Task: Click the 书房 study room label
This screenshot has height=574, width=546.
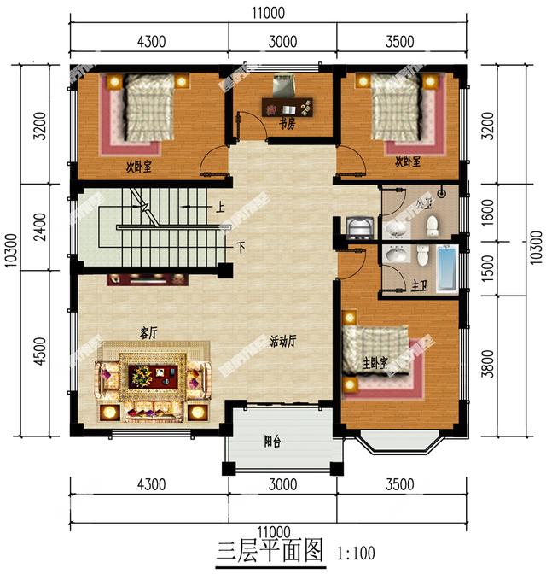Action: (x=288, y=124)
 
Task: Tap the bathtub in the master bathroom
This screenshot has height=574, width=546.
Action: (x=447, y=269)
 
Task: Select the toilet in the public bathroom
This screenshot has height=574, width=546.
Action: (x=432, y=225)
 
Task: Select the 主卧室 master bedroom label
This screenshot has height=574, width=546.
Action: (x=375, y=364)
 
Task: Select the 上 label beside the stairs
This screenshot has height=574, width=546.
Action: (x=220, y=207)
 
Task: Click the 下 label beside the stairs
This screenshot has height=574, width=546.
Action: (x=241, y=248)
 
